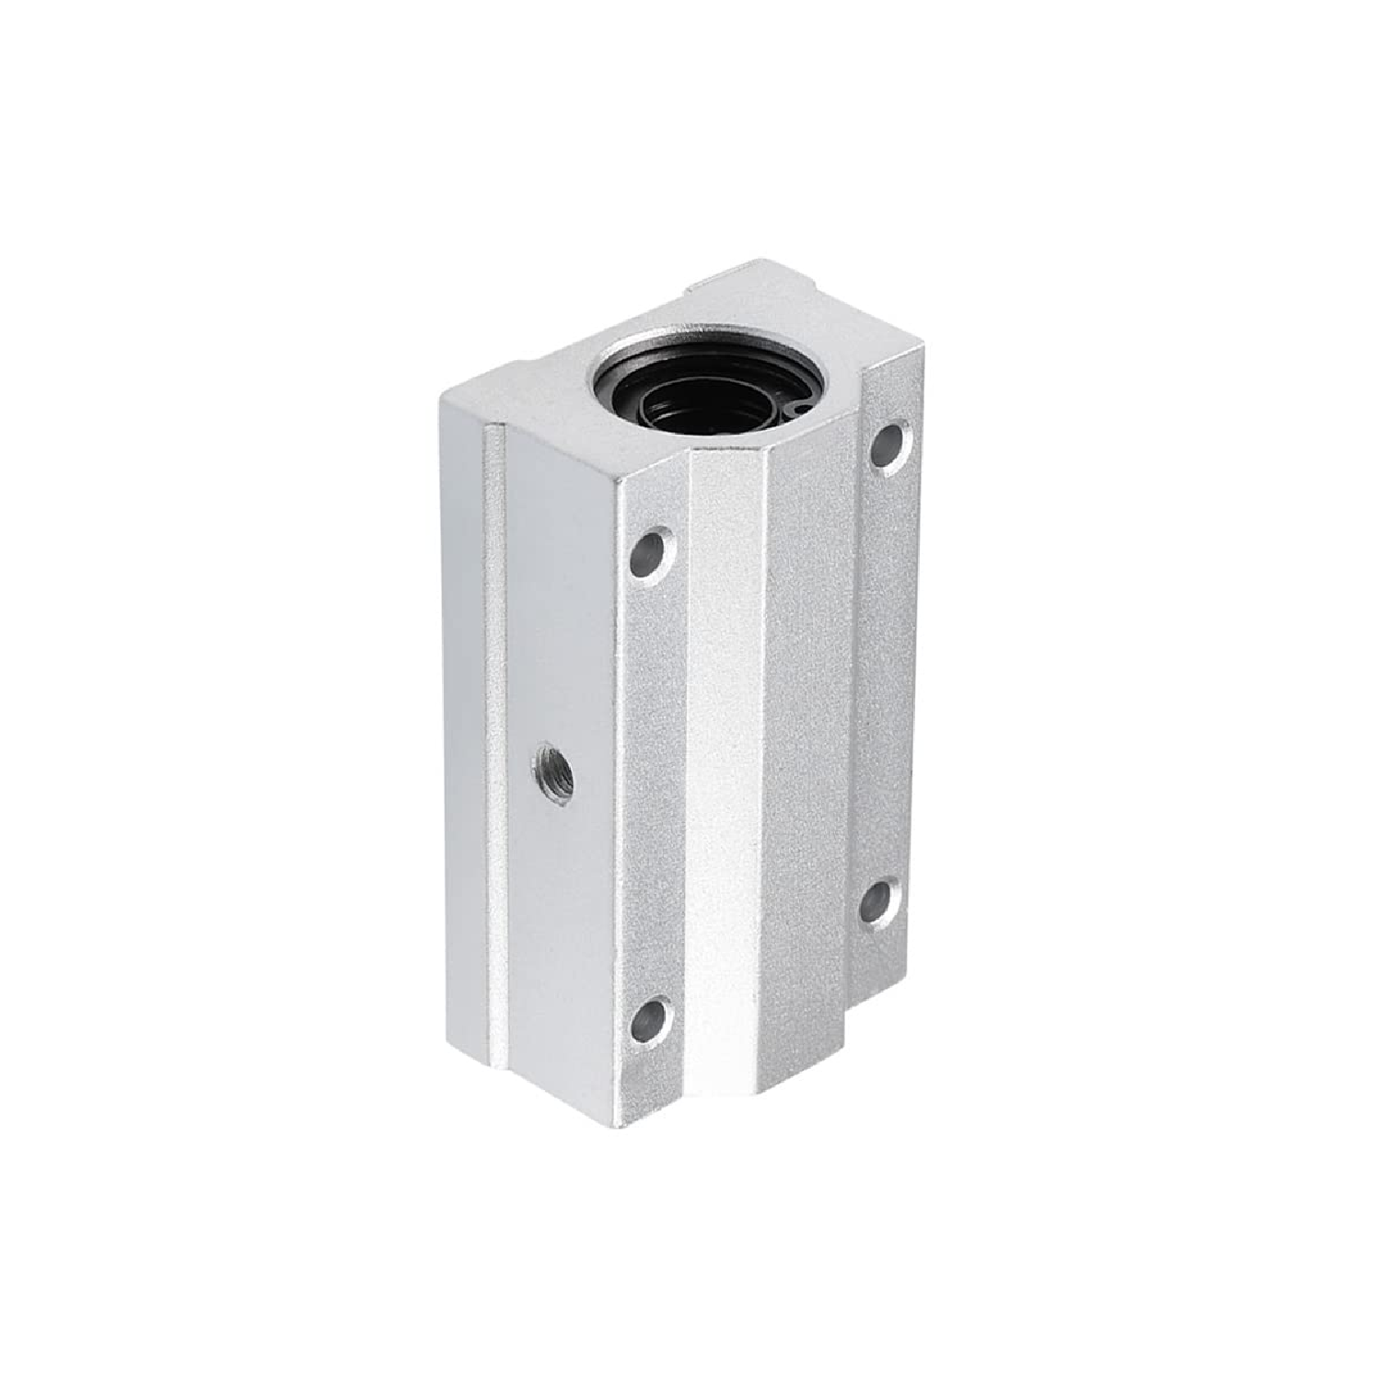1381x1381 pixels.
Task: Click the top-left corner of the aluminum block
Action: point(447,391)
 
